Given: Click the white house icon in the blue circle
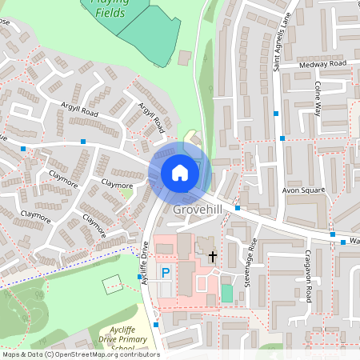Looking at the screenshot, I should [x=180, y=172].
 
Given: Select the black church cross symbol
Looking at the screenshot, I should [x=213, y=257].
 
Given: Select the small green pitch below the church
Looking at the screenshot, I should [x=227, y=294].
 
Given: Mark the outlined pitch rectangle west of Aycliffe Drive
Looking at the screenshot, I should [x=112, y=283].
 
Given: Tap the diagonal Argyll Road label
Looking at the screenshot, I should [x=152, y=117].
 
